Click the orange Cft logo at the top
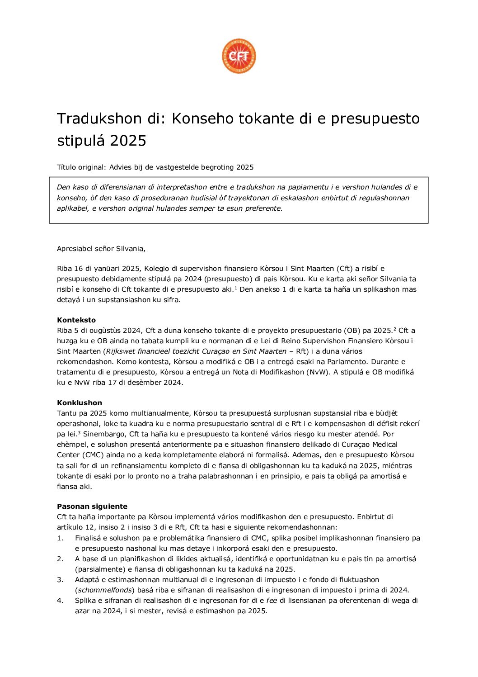(x=239, y=56)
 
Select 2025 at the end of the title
(x=128, y=141)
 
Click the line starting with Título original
(x=155, y=167)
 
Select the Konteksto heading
(x=76, y=320)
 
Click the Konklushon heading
(x=80, y=403)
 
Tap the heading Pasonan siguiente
(x=92, y=507)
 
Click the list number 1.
(x=60, y=538)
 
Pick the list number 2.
(x=60, y=559)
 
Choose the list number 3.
(x=60, y=580)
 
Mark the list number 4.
(x=60, y=601)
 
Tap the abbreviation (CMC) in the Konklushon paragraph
(x=92, y=455)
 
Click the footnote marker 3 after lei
(x=79, y=433)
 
